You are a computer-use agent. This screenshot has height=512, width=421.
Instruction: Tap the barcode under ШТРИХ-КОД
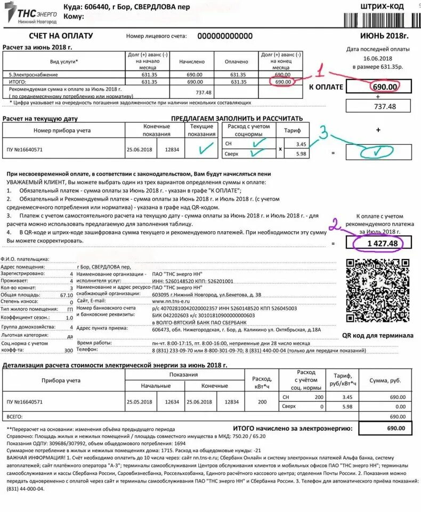click(379, 20)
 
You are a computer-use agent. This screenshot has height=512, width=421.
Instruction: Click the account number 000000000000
click(225, 36)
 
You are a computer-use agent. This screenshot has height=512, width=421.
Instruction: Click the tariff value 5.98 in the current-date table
click(301, 154)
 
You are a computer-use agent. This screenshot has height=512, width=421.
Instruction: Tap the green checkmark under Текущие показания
click(201, 149)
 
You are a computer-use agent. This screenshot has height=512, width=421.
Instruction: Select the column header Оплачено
click(236, 61)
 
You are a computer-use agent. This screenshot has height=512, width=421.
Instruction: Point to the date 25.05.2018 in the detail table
click(139, 401)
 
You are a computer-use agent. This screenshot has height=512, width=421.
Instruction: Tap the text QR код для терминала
click(377, 335)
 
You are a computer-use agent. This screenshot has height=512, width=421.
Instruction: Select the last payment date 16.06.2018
click(378, 58)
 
